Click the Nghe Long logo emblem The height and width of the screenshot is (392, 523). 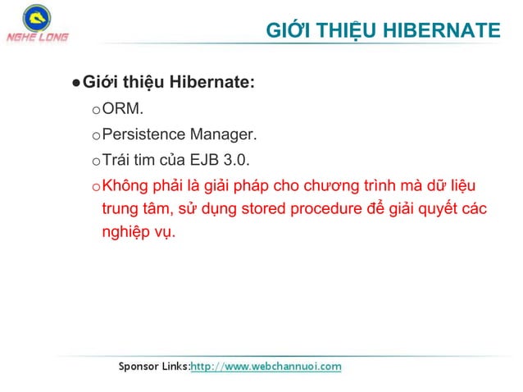(x=35, y=17)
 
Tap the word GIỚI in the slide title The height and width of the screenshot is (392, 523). (x=287, y=31)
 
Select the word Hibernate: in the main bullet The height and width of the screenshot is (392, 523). (x=211, y=83)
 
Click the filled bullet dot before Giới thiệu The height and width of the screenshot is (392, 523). (x=75, y=84)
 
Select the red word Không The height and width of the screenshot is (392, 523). (x=123, y=184)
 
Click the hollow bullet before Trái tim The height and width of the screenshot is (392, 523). (x=95, y=160)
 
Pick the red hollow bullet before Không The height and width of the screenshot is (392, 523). (x=95, y=185)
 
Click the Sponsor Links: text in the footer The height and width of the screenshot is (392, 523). (x=155, y=366)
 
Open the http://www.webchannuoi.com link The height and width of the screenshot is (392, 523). (x=266, y=366)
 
